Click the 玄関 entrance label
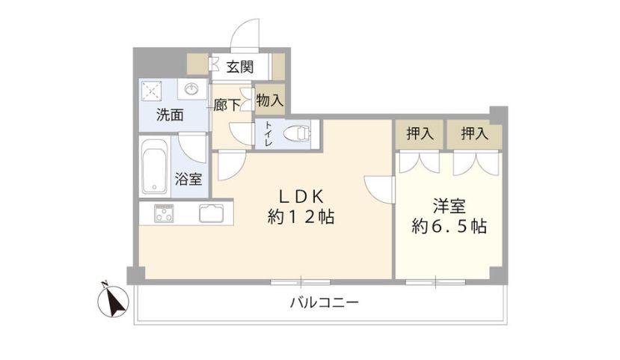[x=240, y=67]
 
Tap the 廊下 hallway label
[x=226, y=105]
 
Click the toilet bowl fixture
[x=298, y=135]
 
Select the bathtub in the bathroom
[x=154, y=166]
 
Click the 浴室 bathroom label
[x=188, y=179]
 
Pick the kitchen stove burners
[x=165, y=213]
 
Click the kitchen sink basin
[x=211, y=213]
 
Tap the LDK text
[x=301, y=197]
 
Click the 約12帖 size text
[x=301, y=218]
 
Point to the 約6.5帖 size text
[x=449, y=226]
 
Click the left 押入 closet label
[x=420, y=135]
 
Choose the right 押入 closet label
[x=474, y=135]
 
